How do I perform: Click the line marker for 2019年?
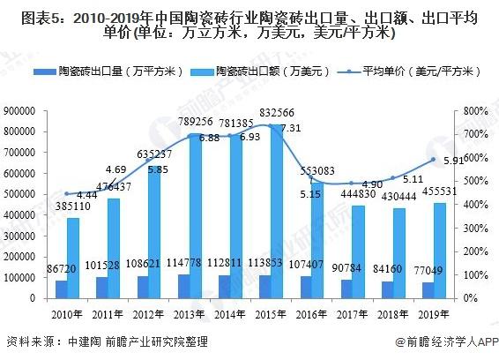click(433, 160)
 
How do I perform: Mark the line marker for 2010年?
click(67, 194)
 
